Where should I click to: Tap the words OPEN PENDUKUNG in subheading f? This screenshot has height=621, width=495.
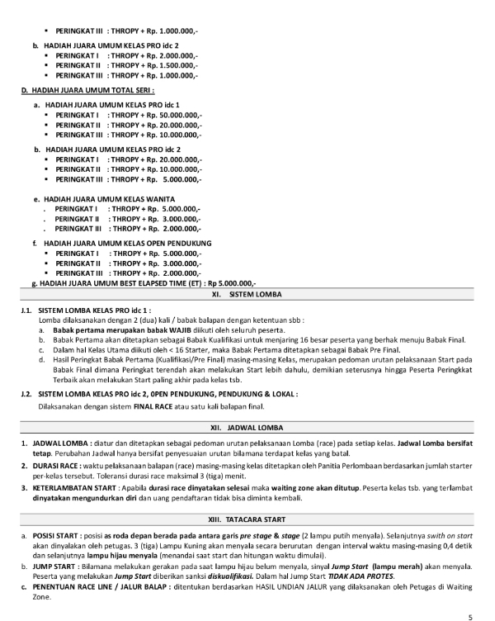179,244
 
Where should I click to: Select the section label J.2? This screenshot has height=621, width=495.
27,395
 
